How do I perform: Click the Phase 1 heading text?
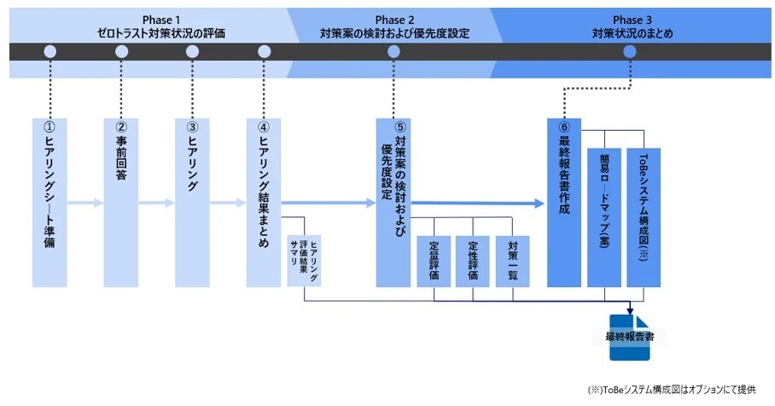pos(161,26)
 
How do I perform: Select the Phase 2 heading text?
pos(394,26)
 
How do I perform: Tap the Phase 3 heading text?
pos(632,26)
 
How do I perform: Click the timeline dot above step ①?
pos(50,51)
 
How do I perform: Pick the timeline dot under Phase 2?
pos(394,51)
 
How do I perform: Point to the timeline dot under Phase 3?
pos(630,51)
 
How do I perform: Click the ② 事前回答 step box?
pos(121,203)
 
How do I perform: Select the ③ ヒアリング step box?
pos(192,203)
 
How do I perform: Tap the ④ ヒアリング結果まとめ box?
pos(264,203)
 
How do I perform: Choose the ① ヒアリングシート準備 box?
pos(50,203)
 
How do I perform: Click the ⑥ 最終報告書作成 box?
pos(564,203)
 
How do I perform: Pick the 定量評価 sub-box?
pos(434,262)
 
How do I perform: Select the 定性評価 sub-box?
pos(473,262)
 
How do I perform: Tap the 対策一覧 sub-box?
pos(513,262)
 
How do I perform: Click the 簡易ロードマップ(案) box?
pos(604,217)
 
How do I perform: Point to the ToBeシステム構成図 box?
pos(644,217)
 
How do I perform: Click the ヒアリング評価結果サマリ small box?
pos(304,261)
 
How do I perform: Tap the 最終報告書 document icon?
pos(630,337)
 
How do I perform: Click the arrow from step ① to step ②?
pos(85,203)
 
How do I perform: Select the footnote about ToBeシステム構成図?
pos(672,390)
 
